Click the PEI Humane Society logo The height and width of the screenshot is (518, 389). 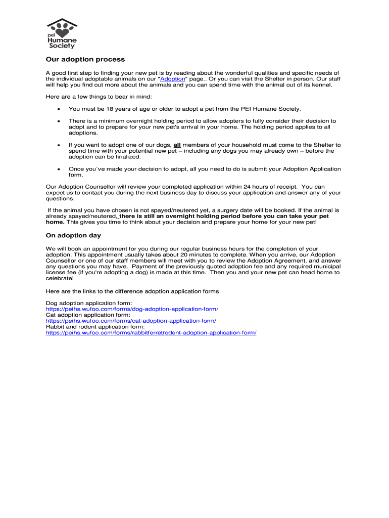tap(62, 34)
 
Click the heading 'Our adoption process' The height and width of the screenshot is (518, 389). tap(85, 60)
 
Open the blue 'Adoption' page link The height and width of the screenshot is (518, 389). tap(172, 79)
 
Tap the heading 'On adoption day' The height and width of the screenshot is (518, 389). tap(73, 236)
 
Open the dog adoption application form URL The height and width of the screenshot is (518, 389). tap(132, 309)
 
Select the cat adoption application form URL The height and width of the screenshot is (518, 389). tap(131, 321)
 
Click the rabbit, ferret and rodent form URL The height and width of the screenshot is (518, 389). tap(151, 333)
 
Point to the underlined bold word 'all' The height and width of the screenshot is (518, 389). tap(177, 145)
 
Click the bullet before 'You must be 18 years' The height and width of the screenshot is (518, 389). tap(59, 109)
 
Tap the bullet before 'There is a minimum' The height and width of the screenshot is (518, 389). tap(59, 121)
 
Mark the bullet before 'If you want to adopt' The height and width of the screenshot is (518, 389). tap(59, 145)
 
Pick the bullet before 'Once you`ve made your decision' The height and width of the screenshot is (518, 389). tap(59, 169)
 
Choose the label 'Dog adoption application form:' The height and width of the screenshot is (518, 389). tap(82, 303)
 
